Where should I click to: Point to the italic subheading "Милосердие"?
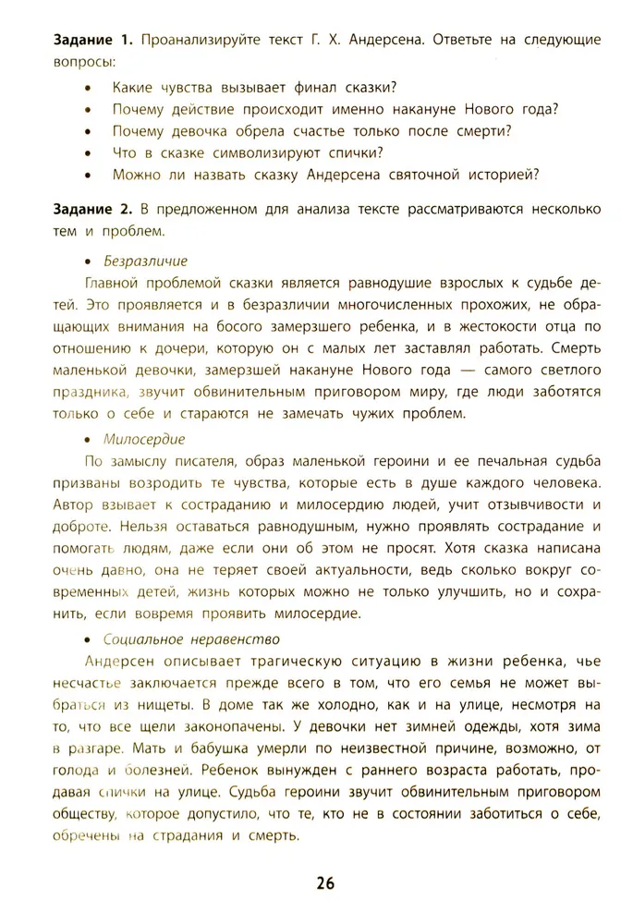(144, 439)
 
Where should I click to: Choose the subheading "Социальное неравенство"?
(192, 638)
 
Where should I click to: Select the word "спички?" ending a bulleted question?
(354, 152)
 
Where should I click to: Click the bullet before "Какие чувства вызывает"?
(87, 89)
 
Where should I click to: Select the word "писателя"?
(211, 461)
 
